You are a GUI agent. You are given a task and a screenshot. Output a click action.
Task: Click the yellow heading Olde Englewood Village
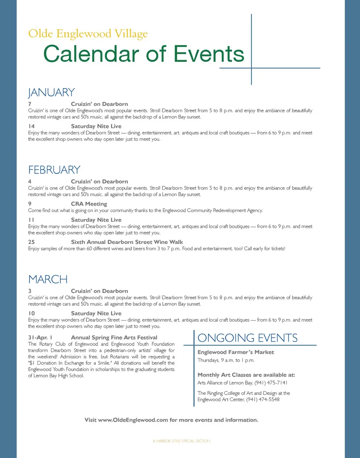pos(88,34)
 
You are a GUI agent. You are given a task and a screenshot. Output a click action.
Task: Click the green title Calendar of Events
pos(144,54)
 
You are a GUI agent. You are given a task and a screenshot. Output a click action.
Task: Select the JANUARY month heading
pos(51,92)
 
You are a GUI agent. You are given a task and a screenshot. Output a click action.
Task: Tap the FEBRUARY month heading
pos(54,170)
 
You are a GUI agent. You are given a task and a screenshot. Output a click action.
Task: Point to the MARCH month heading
pos(48,279)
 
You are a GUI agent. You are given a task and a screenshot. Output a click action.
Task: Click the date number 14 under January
pos(31,126)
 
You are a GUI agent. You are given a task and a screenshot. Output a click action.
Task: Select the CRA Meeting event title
pos(89,204)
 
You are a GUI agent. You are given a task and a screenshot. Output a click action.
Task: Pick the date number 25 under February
pos(31,242)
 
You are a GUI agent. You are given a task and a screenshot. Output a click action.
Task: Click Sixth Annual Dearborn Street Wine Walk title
pos(127,242)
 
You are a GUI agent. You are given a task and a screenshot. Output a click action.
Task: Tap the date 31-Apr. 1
pos(40,338)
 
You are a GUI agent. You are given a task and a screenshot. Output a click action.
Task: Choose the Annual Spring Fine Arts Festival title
pos(114,338)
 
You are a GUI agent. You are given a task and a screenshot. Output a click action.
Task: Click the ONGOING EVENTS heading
pos(247,338)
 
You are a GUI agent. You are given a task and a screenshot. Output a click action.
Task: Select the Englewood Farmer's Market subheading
pos(235,352)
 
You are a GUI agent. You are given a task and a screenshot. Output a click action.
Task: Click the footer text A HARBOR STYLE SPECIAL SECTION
pos(181,441)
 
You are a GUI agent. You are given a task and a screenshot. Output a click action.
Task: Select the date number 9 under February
pos(30,204)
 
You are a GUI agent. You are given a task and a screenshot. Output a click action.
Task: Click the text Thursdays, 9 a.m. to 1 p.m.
pos(226,360)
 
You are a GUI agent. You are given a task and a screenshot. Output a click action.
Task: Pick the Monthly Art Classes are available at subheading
pos(246,375)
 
